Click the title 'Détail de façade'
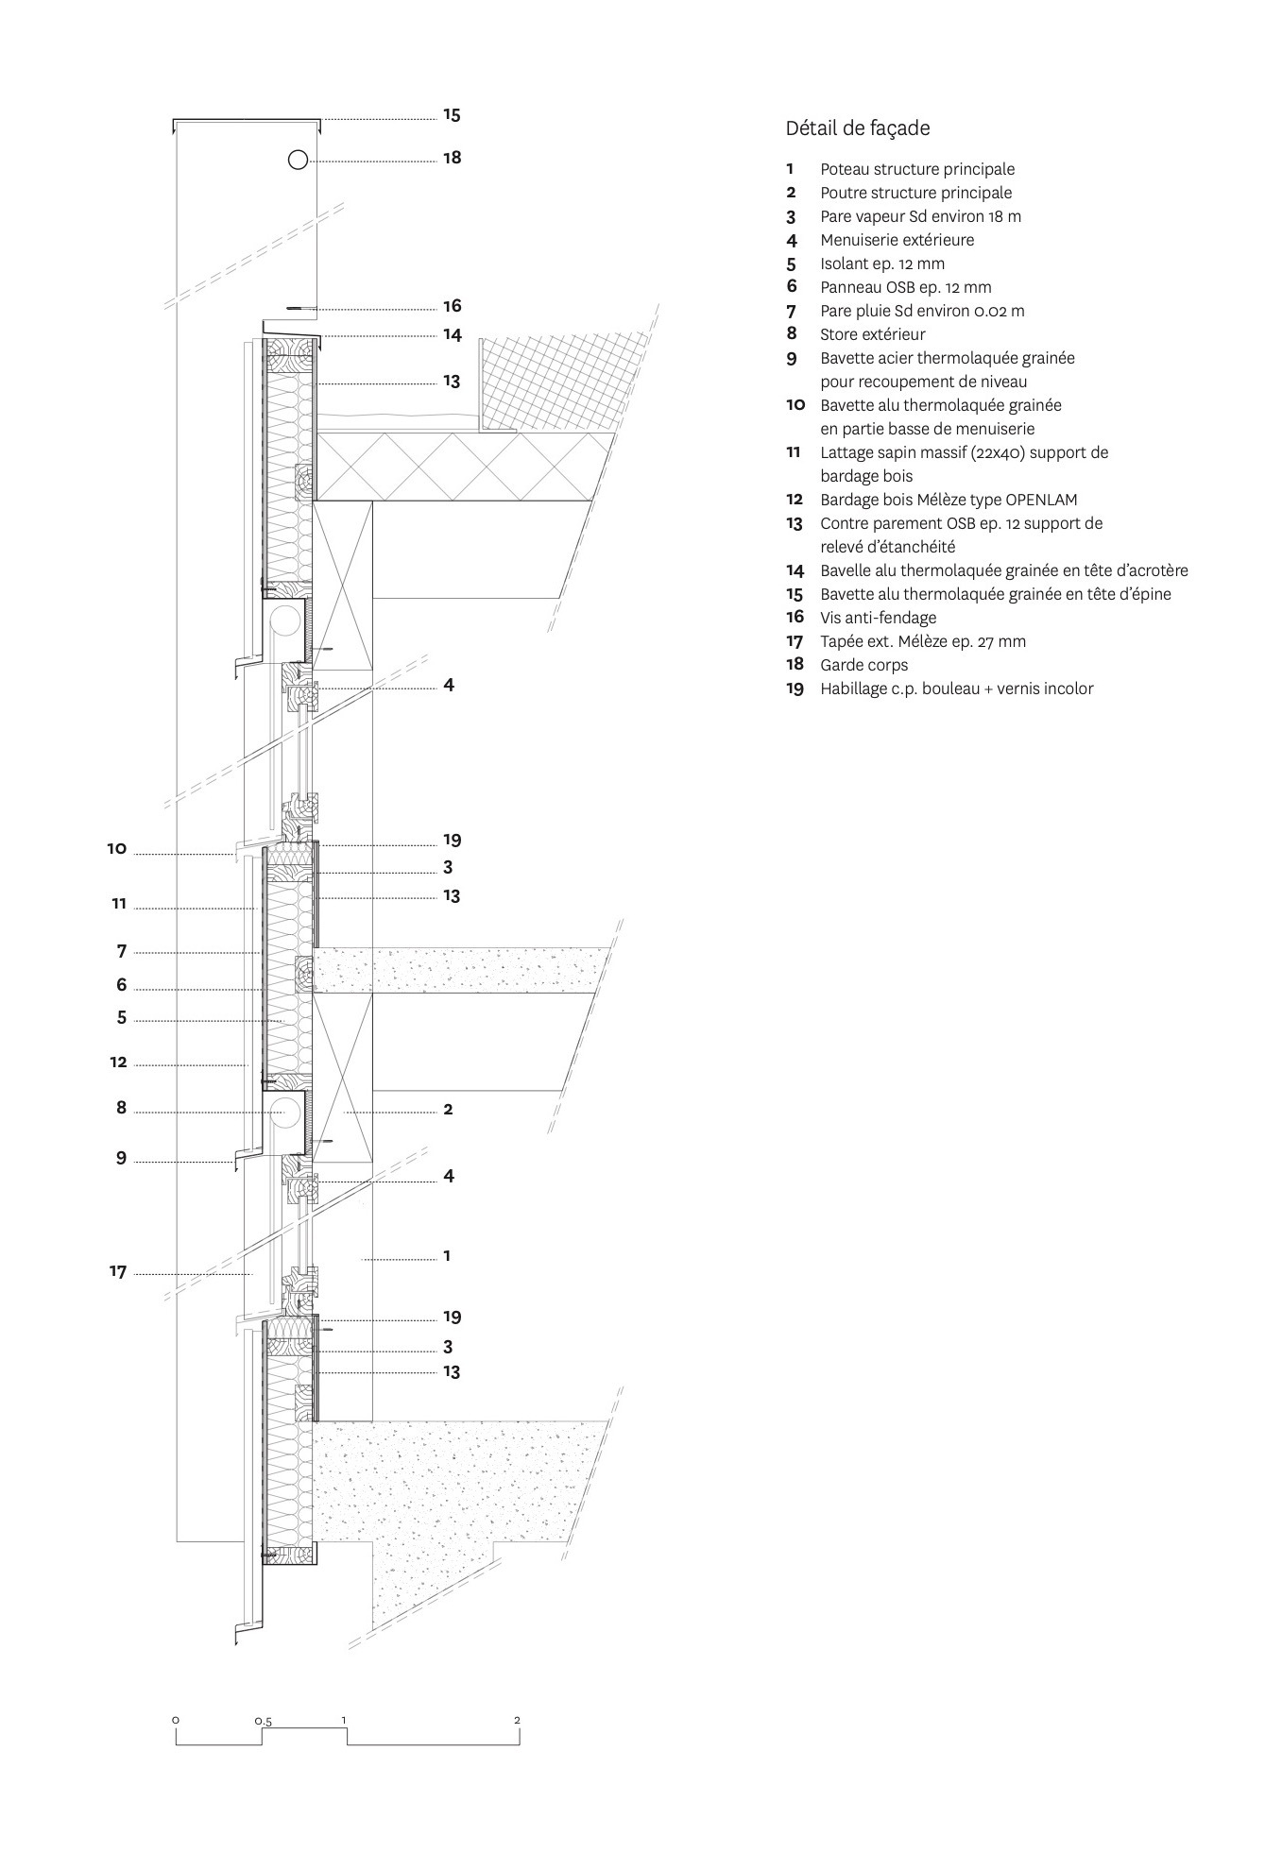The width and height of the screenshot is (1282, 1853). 857,128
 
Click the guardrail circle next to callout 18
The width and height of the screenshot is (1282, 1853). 298,160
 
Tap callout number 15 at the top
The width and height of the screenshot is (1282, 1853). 452,115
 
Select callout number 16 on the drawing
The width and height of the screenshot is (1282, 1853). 452,306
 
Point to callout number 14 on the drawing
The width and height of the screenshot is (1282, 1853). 452,335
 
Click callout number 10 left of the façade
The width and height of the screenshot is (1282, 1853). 116,849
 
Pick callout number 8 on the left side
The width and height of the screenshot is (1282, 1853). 121,1108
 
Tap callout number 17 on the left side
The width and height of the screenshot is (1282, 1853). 117,1272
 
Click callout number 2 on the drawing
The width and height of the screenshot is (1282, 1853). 448,1109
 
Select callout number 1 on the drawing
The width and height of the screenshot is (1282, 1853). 447,1256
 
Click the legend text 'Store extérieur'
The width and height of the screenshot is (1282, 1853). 872,334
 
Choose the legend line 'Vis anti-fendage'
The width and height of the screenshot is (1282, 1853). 878,618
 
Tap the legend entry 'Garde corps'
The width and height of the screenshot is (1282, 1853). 863,665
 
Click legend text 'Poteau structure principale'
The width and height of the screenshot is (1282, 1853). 916,169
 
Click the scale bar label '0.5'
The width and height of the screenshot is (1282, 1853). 264,1722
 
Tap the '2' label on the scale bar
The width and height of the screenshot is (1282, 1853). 517,1720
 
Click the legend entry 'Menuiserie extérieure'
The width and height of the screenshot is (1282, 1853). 897,240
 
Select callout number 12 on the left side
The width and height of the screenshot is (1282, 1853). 118,1062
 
